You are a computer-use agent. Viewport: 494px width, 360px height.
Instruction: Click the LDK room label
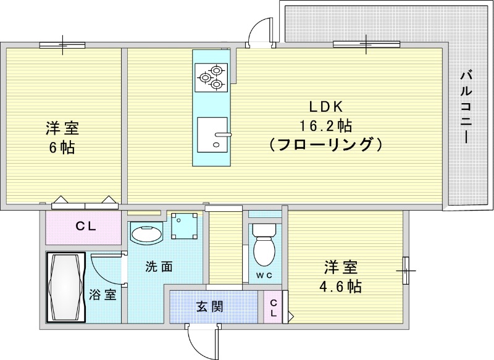coord(325,106)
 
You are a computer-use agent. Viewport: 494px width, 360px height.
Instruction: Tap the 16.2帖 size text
coord(325,126)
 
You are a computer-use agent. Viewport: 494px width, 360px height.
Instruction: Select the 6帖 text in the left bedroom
coord(62,148)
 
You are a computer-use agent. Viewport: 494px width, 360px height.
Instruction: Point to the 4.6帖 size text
coord(341,287)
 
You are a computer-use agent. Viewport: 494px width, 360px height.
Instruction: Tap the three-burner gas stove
coord(210,77)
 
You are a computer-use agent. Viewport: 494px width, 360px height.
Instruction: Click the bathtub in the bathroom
coord(65,287)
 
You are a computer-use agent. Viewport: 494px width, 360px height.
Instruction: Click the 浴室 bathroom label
coord(103,295)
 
